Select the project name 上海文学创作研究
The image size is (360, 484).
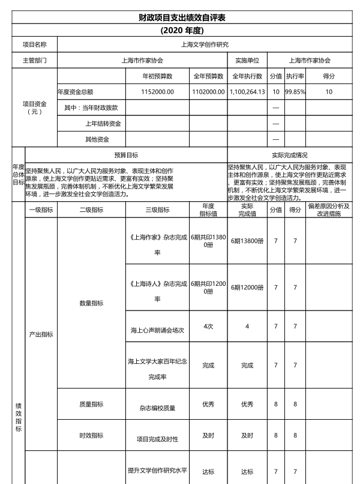[205, 44]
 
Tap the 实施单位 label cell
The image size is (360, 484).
[247, 61]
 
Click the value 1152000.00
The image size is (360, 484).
[157, 92]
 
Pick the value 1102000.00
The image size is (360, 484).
[208, 92]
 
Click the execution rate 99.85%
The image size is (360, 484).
[295, 92]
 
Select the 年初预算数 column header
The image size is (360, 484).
[157, 76]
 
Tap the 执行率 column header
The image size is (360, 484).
[295, 76]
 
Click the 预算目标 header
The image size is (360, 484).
[126, 154]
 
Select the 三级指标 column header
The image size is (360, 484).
[158, 210]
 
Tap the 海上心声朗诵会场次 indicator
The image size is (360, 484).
[157, 330]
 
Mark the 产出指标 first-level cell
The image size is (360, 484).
[41, 334]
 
